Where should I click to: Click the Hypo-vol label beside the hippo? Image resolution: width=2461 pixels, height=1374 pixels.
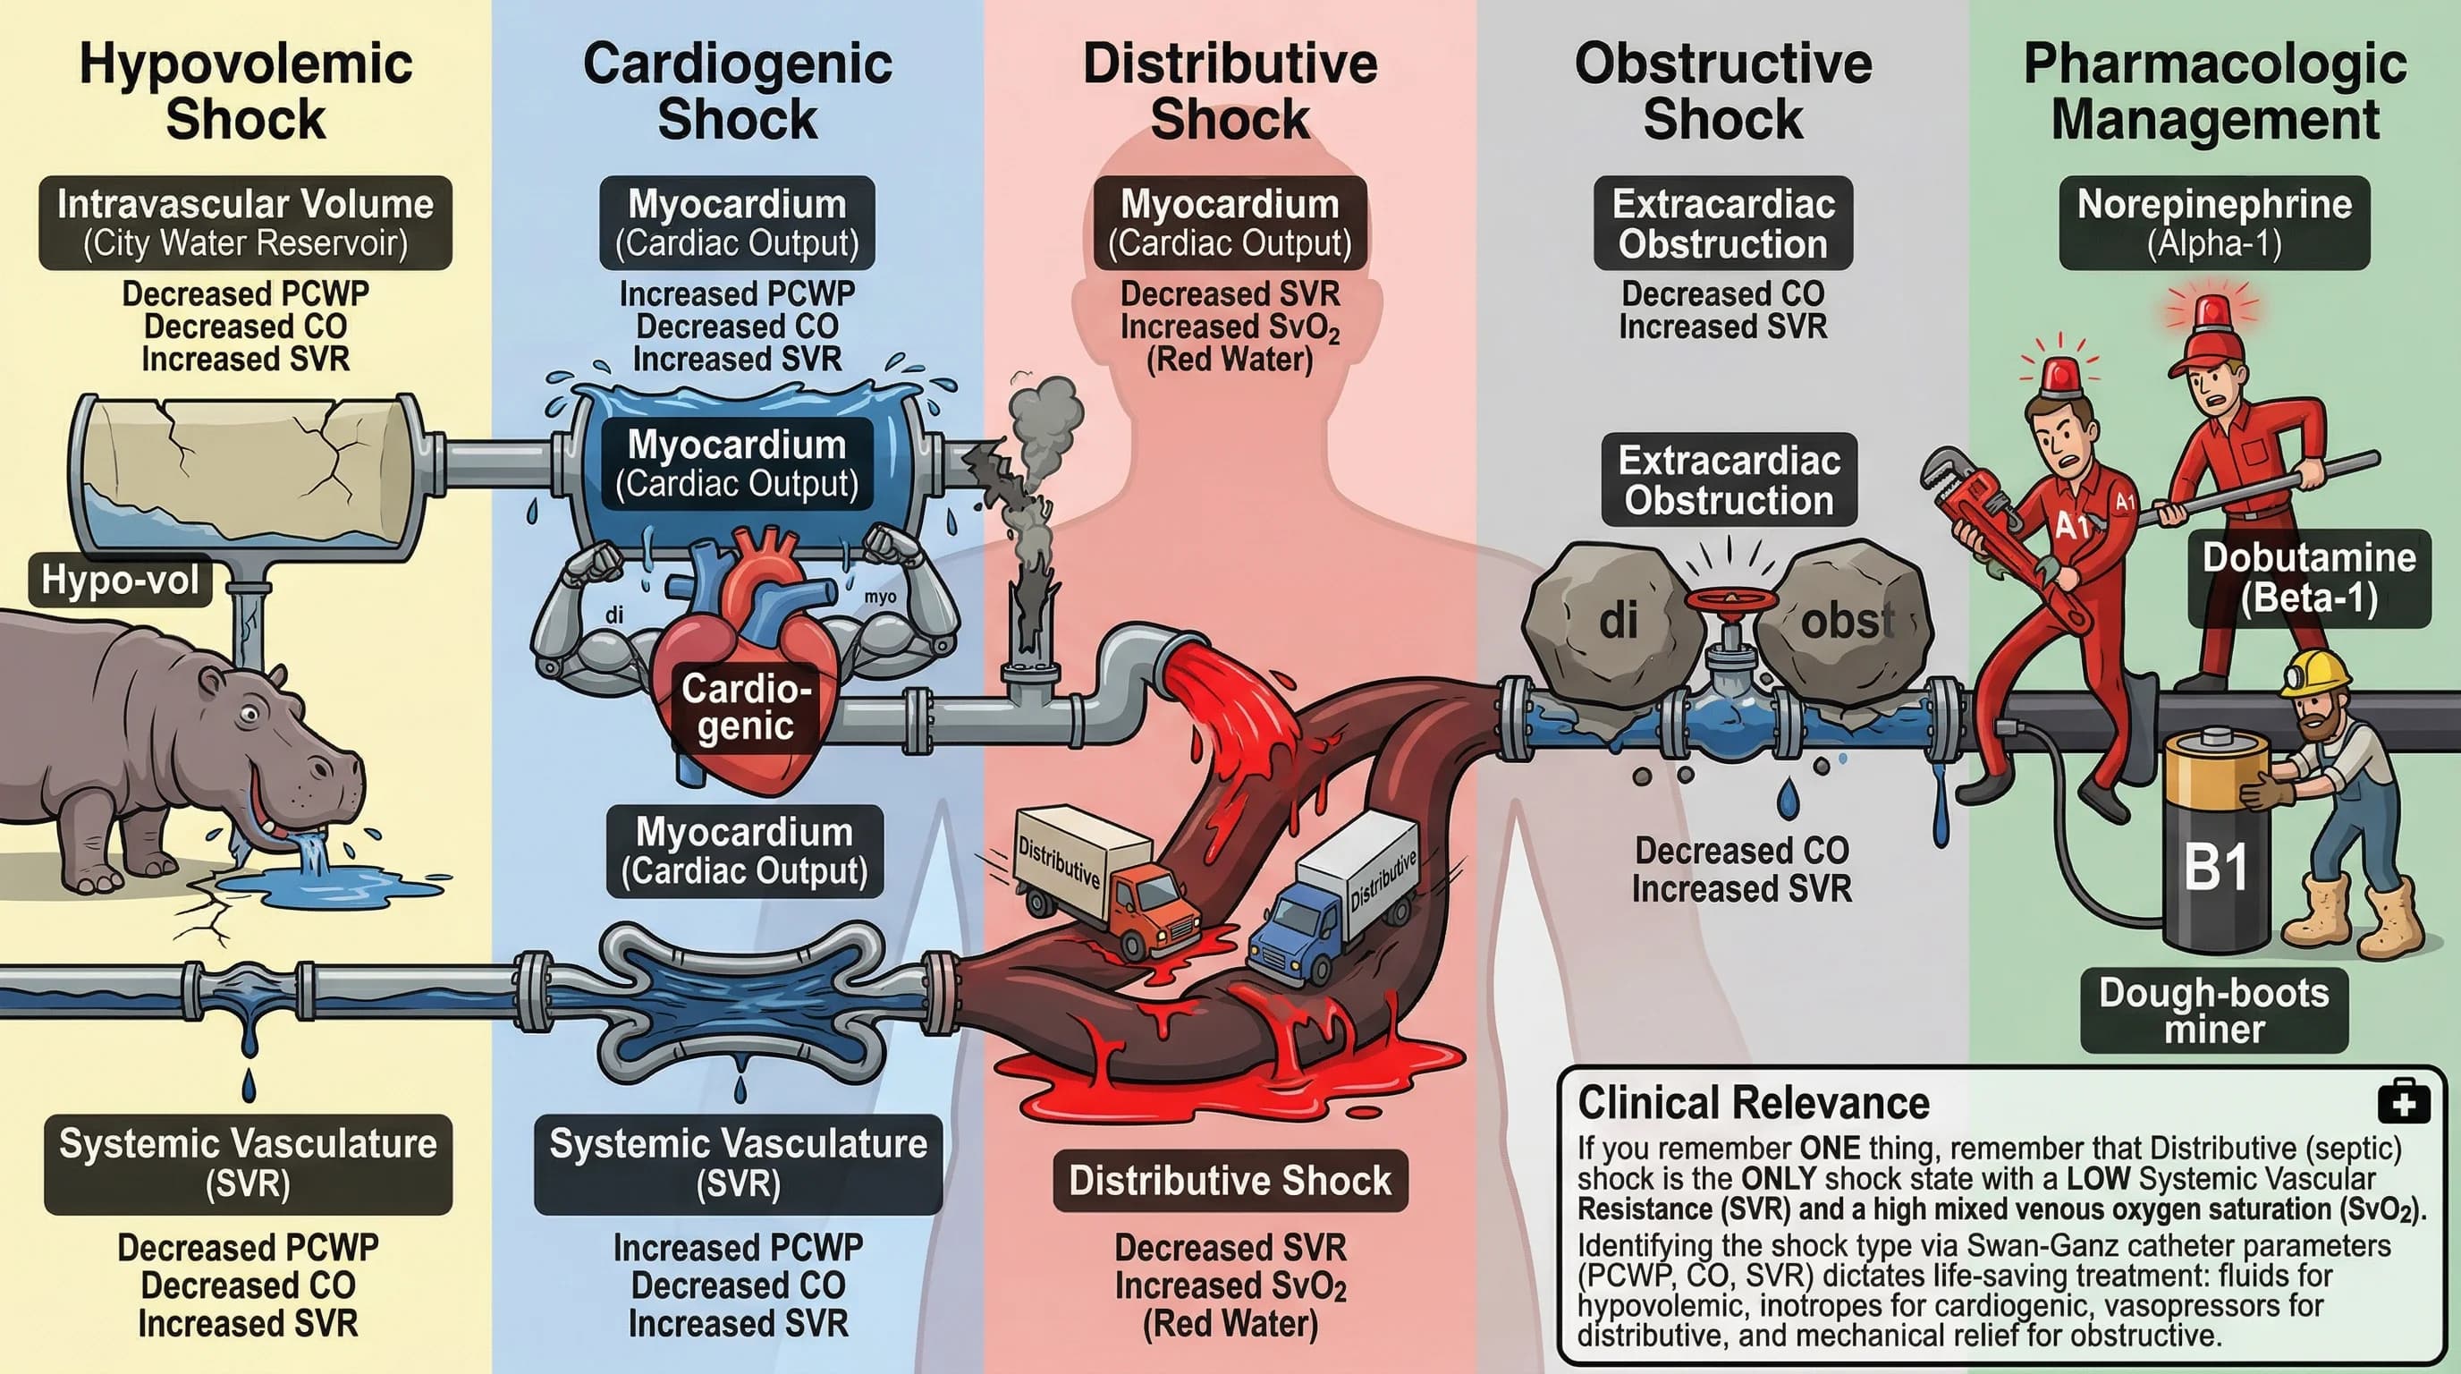coord(121,580)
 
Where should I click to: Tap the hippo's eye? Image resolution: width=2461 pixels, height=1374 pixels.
coord(250,713)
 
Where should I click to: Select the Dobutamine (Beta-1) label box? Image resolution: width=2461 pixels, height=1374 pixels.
coord(2309,577)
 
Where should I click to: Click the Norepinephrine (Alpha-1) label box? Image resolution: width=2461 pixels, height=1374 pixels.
coord(2213,223)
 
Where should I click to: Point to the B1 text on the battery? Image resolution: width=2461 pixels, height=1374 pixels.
coord(2215,868)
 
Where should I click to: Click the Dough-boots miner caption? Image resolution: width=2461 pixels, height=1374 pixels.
coord(2213,1010)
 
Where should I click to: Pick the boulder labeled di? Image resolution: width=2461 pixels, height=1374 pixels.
coord(1614,621)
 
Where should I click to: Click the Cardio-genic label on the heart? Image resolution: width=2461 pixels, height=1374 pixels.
coord(746,707)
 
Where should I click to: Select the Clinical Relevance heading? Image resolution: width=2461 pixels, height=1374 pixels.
coord(1753,1103)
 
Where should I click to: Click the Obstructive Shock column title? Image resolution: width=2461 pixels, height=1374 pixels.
coord(1722,92)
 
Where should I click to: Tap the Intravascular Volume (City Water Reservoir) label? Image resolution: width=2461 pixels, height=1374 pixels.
coord(246,223)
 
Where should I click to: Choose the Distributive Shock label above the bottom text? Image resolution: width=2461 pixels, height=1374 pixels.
coord(1230,1181)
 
